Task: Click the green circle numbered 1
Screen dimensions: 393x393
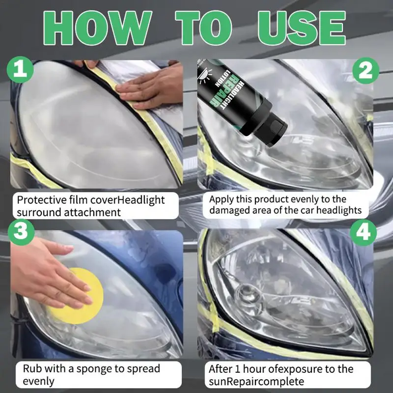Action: click(x=20, y=69)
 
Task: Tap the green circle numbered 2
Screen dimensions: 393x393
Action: click(x=365, y=70)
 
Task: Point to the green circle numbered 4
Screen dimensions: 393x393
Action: click(x=363, y=232)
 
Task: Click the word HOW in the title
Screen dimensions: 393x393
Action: click(x=97, y=28)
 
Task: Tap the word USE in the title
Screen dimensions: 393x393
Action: click(x=302, y=28)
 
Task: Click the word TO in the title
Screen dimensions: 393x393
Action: click(x=203, y=28)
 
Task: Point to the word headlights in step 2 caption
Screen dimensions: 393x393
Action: click(x=339, y=210)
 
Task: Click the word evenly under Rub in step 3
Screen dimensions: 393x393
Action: click(x=39, y=382)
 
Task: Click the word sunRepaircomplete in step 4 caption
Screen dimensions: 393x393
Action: click(x=256, y=382)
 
